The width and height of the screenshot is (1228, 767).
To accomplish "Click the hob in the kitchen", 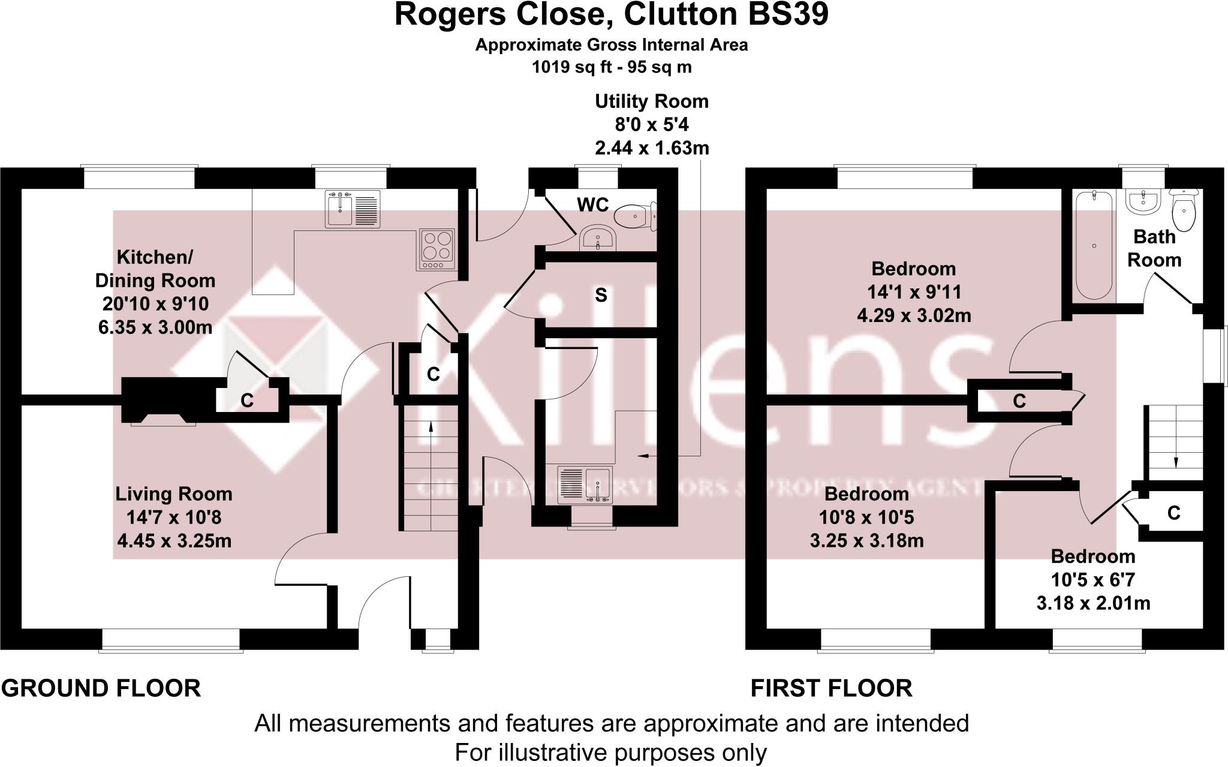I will point(437,249).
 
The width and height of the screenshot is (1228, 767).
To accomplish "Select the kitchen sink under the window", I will point(353,209).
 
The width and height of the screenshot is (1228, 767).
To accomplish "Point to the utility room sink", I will point(585,484).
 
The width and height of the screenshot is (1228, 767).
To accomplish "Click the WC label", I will point(592,205).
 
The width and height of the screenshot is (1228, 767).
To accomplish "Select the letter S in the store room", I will point(601,295).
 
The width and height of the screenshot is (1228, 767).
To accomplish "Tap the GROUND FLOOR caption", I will point(101,688).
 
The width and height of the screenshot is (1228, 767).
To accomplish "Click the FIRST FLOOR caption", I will point(831,688).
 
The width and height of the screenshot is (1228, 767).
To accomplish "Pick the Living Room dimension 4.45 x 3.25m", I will point(174,541).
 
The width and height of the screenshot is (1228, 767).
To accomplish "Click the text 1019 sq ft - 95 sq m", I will point(612,67).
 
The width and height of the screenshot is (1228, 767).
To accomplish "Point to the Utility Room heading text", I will point(651,101).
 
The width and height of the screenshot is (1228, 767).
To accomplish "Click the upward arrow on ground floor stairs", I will point(430,426).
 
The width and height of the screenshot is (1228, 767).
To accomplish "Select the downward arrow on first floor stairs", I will point(1175,462).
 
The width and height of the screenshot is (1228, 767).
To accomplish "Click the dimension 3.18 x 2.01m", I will point(1093,603).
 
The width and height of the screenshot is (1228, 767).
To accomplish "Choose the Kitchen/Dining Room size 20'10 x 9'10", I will point(155,304).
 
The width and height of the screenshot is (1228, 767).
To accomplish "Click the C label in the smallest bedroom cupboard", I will point(1173,513).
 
